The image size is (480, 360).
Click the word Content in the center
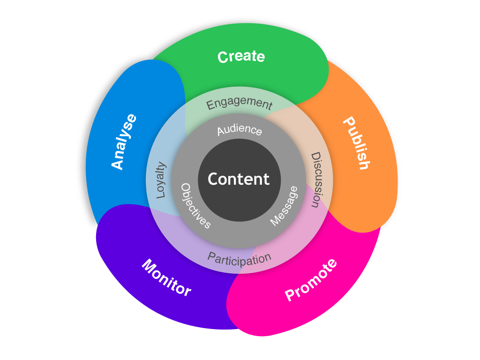(x=239, y=179)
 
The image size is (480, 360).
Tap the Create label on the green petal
(x=241, y=57)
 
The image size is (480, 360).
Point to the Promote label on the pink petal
(x=311, y=280)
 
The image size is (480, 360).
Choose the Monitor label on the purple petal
(x=166, y=277)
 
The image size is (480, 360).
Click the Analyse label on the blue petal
(x=124, y=141)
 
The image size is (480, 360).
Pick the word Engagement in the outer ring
(x=240, y=104)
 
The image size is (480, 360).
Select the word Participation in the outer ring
(x=240, y=259)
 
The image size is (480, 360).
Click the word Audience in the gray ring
(x=240, y=130)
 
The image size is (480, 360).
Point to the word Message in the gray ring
(x=284, y=206)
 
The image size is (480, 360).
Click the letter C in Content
(x=213, y=179)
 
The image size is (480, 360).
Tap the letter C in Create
(x=223, y=58)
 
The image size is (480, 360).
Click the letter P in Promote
(x=291, y=295)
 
